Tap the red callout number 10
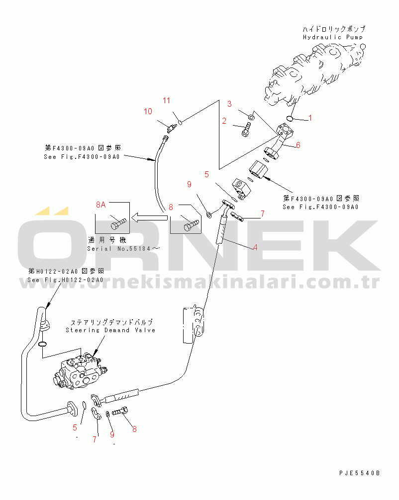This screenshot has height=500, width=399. (x=148, y=111)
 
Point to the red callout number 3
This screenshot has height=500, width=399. (x=229, y=104)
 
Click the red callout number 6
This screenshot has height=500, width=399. (x=298, y=145)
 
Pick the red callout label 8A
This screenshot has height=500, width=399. (x=101, y=204)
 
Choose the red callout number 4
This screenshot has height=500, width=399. (x=255, y=247)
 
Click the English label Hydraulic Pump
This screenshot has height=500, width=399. (x=333, y=37)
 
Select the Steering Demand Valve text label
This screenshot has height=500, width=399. (x=110, y=330)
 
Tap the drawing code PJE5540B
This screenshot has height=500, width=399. (x=359, y=473)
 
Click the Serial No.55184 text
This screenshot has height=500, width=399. (x=124, y=248)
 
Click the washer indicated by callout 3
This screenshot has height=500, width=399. (x=251, y=117)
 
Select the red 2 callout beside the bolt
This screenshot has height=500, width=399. (x=224, y=121)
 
